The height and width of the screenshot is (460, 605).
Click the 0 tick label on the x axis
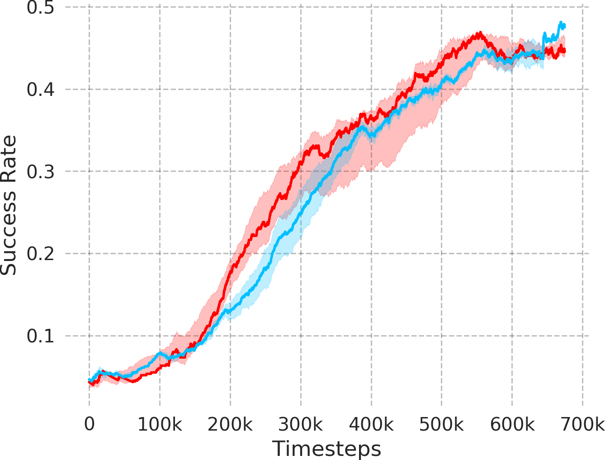coord(89,424)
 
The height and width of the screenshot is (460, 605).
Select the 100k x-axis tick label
coord(160,424)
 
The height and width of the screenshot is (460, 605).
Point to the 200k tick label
coord(230,424)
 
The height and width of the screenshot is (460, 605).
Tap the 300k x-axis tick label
coord(301,424)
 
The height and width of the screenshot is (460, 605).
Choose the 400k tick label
coord(371,424)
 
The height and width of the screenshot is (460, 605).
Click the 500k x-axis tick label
coord(442,424)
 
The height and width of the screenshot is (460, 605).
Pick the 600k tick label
coord(512,424)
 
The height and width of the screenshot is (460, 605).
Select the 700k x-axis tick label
coord(583,424)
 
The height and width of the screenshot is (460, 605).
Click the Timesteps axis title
coord(326,449)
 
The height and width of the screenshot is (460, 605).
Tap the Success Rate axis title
coord(9,205)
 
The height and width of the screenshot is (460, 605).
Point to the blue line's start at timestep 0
coord(90,379)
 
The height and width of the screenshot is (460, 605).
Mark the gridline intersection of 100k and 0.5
coord(160,7)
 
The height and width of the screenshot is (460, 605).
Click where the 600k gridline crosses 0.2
coord(512,254)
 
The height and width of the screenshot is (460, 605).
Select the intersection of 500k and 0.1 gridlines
coord(442,336)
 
